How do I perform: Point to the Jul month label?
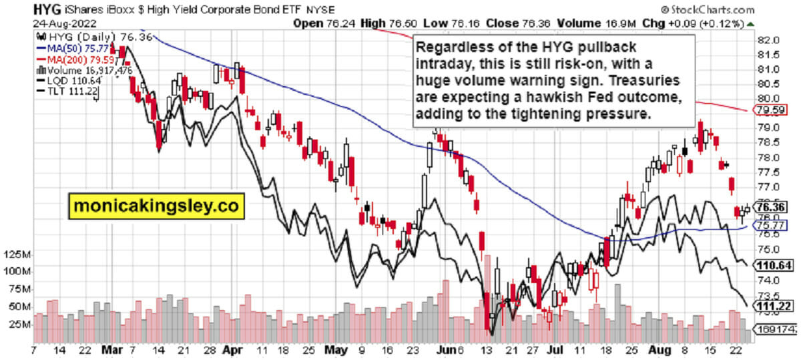(553, 349)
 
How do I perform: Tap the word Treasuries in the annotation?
(646, 81)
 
